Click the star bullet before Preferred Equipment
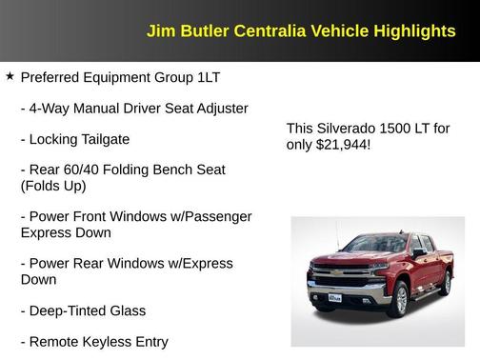(10, 76)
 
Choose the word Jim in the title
(159, 31)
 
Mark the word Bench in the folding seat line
(175, 170)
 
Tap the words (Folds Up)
(53, 187)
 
